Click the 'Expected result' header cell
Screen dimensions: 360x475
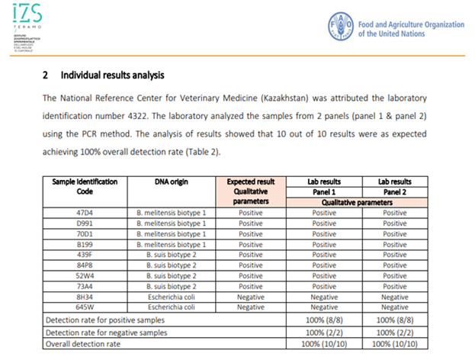[250, 182]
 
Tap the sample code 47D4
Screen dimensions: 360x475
[85, 212]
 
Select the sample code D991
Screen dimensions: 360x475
[85, 223]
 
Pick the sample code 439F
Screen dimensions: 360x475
[85, 255]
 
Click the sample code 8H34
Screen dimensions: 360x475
[85, 297]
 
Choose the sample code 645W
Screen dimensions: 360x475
[85, 307]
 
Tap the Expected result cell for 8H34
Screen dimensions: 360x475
[250, 297]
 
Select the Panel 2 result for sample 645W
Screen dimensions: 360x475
[395, 307]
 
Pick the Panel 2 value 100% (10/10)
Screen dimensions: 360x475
[395, 345]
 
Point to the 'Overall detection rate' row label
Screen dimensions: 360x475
[82, 345]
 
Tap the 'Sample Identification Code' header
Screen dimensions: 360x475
[85, 187]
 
